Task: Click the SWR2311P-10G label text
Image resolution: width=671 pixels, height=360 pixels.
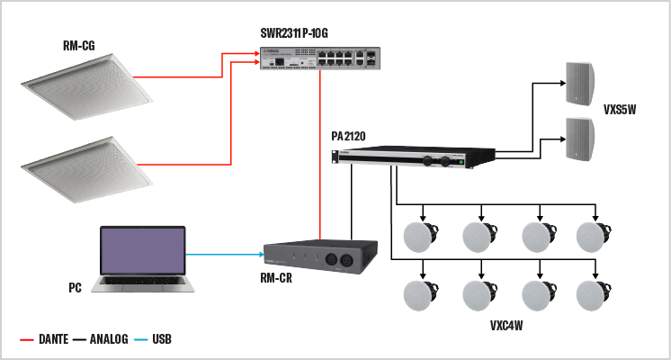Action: (x=306, y=33)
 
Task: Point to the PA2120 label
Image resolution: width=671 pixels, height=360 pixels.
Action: (x=348, y=136)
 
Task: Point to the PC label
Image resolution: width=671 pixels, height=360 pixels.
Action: (x=76, y=289)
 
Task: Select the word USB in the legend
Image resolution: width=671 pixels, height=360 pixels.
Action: (x=161, y=340)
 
